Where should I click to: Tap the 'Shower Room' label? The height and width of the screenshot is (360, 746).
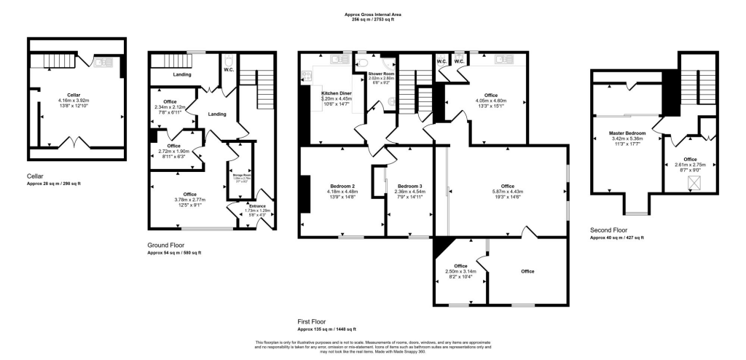(x=380, y=74)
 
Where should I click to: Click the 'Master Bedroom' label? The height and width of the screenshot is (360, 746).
(x=627, y=133)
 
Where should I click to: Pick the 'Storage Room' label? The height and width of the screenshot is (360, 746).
(x=240, y=175)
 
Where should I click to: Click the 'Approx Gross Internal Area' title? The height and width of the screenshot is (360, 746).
(x=373, y=15)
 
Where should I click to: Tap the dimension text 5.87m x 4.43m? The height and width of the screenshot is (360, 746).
(x=507, y=192)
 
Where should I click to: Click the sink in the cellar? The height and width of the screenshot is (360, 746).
(x=101, y=63)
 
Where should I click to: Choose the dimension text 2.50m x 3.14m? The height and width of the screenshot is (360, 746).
(x=460, y=272)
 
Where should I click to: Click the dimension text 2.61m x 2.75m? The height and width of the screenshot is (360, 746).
(x=689, y=165)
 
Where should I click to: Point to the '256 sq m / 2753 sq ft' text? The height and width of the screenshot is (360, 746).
(x=373, y=20)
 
